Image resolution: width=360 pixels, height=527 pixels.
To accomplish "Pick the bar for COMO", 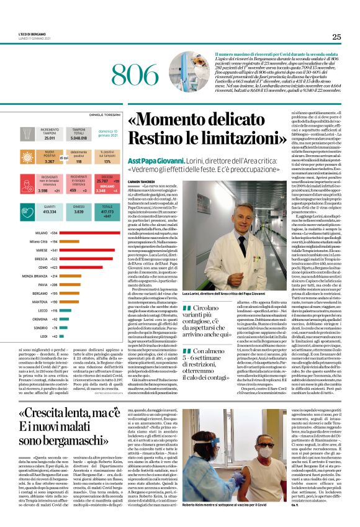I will click(x=78, y=268).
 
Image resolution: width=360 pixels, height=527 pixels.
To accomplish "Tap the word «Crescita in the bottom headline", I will click(x=56, y=395).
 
